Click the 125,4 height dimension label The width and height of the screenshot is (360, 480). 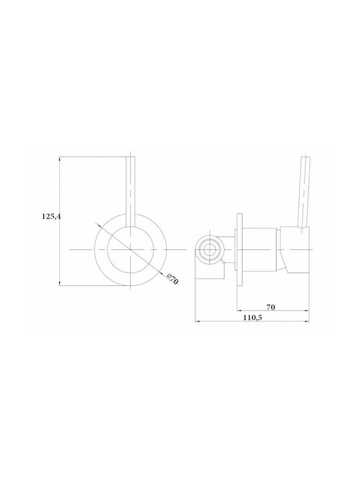[51, 217]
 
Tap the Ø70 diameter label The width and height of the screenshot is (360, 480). [173, 279]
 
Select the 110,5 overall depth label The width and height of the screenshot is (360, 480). [253, 317]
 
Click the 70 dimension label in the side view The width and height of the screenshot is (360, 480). [271, 307]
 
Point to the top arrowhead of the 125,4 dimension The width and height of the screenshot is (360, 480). [60, 159]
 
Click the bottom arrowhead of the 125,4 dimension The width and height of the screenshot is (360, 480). [60, 283]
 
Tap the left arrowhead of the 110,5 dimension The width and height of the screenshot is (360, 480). [198, 321]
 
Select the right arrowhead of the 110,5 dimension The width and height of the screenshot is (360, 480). [307, 321]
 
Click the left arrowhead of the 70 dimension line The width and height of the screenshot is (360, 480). [239, 311]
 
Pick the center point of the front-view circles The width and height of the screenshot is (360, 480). [131, 249]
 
